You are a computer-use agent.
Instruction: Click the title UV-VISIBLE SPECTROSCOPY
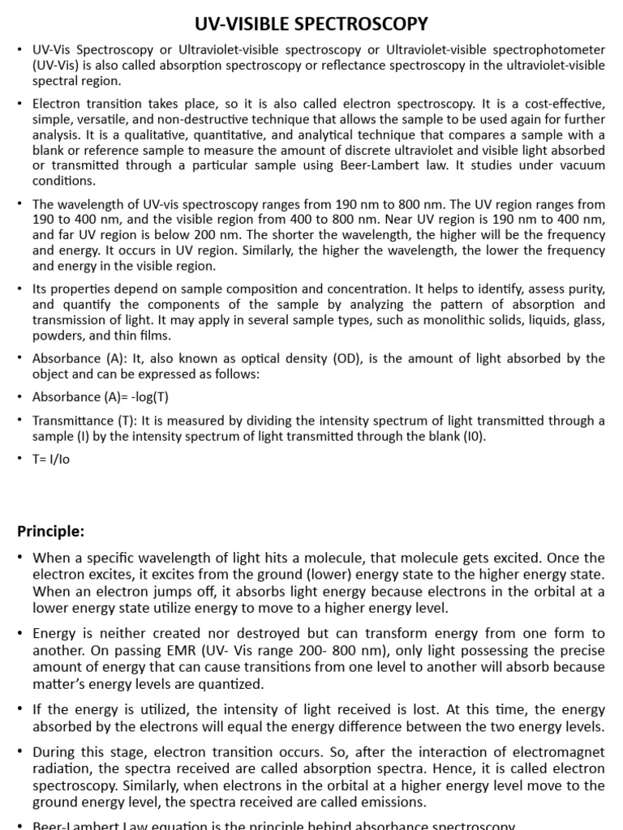coord(311,24)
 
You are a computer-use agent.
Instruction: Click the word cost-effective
coord(559,104)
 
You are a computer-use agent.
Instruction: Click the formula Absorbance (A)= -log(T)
coord(100,397)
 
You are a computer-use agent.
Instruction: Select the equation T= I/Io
coord(53,459)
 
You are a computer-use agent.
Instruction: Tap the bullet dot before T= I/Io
coord(19,459)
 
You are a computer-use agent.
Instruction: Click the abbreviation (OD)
coord(337,358)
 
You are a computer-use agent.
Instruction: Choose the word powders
coord(58,336)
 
